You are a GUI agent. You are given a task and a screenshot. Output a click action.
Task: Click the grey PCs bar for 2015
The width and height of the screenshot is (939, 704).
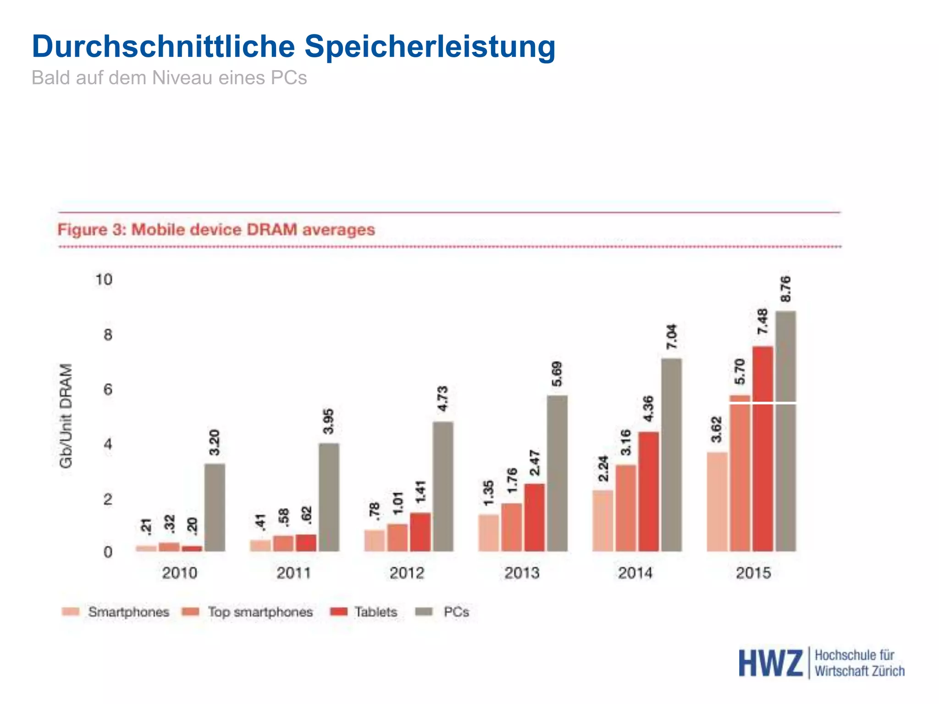(785, 431)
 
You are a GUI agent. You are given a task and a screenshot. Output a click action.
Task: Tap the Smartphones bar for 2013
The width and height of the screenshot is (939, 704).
(488, 533)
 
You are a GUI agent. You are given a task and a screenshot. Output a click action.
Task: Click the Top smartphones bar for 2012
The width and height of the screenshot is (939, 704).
(397, 537)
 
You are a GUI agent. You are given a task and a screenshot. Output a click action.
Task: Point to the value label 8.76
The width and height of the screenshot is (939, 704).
(785, 289)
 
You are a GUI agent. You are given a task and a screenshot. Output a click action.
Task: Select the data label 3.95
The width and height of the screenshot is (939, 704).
(328, 421)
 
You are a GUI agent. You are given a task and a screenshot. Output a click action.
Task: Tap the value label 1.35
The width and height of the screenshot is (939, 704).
(489, 493)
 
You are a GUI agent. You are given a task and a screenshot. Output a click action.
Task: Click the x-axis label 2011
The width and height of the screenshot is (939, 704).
(293, 573)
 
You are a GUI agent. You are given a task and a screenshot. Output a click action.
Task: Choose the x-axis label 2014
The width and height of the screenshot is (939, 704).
(635, 573)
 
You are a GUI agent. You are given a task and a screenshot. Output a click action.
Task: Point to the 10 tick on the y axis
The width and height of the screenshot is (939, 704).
(104, 280)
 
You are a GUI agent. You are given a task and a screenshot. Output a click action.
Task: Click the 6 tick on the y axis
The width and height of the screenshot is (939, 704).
(108, 390)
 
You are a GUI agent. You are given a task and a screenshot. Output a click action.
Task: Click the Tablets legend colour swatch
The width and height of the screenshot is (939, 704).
(339, 612)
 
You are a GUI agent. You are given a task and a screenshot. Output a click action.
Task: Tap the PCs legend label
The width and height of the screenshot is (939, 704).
(456, 612)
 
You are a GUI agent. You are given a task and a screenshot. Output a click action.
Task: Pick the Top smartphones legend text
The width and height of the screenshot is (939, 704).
(260, 612)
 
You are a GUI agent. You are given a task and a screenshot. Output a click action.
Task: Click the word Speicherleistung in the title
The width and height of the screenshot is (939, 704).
(430, 47)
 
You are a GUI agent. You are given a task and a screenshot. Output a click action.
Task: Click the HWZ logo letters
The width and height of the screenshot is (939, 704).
(770, 663)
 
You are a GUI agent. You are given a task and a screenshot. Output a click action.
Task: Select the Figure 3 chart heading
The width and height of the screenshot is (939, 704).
(216, 229)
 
